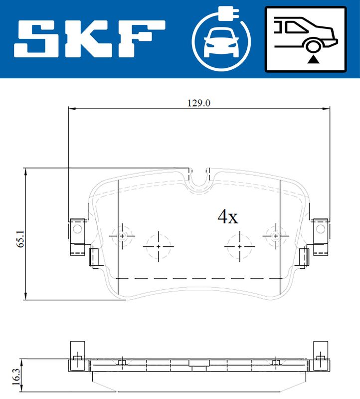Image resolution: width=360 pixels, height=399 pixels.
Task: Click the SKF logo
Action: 90,39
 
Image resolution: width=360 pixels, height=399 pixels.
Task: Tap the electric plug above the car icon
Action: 229,13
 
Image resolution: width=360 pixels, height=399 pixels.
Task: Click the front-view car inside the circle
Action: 221,43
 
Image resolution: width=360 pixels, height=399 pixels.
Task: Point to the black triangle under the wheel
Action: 313,59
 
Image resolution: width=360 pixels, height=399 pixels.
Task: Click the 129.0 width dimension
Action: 199,103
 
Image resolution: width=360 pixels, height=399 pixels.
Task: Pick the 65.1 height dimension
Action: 20,238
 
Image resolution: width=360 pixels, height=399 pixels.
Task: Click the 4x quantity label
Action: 228,217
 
